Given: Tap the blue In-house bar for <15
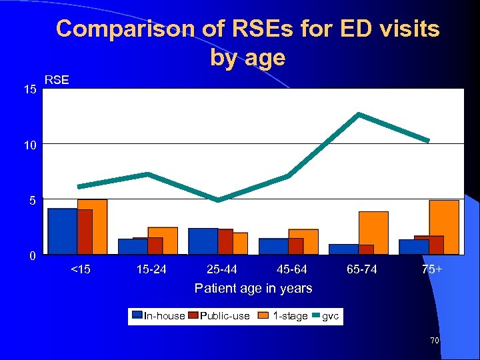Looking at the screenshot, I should [62, 231].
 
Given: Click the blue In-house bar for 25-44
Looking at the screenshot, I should [203, 241].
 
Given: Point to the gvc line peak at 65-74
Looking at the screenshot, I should [359, 115].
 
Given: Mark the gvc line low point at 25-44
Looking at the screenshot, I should [218, 199].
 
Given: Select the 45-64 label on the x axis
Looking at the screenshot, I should [292, 270].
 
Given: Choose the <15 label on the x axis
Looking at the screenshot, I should [81, 270].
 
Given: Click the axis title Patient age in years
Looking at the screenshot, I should [253, 288].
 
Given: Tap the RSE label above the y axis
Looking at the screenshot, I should [56, 81].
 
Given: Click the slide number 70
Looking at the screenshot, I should [434, 341].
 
